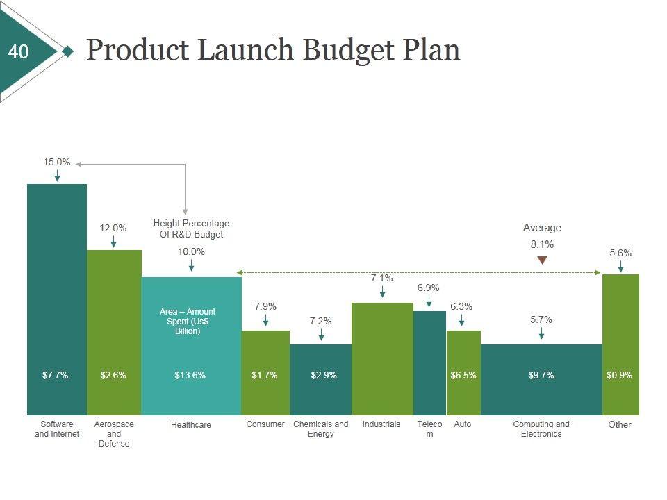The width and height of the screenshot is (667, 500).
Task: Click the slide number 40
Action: [19, 52]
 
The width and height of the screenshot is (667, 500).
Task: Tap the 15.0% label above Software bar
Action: [57, 162]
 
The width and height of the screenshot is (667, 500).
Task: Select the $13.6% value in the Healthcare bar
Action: [190, 375]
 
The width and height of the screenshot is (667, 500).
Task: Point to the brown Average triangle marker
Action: [543, 260]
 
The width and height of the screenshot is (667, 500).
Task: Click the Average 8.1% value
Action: [542, 244]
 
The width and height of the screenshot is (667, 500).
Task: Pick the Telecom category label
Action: [429, 429]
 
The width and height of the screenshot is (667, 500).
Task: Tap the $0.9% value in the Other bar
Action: [620, 375]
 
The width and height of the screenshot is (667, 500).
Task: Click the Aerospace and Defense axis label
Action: [114, 433]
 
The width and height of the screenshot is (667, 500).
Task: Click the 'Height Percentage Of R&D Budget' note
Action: [191, 228]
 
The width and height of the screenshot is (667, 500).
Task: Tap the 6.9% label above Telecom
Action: [428, 287]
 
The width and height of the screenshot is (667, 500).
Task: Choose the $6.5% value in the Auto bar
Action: [463, 375]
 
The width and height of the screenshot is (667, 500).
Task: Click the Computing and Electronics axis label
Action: [541, 429]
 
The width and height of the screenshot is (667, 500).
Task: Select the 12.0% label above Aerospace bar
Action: [113, 228]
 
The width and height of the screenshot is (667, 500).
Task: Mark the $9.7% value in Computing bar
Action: [541, 375]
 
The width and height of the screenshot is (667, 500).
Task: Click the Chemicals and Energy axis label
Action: [321, 429]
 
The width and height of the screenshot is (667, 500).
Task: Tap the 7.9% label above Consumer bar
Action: [265, 306]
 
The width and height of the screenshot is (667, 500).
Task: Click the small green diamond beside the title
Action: [67, 51]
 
